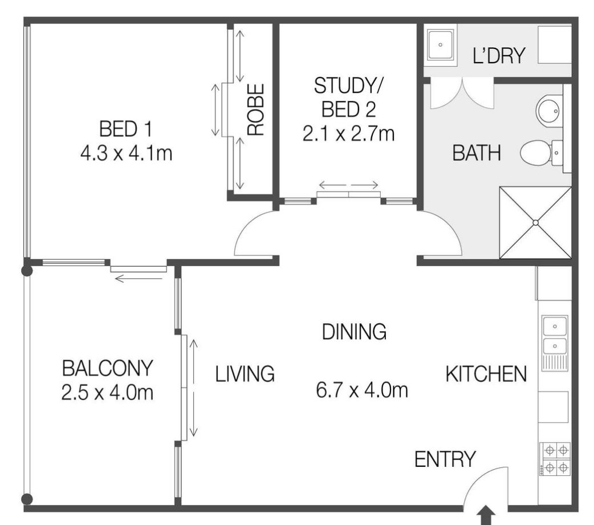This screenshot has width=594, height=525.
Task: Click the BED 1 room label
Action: pyautogui.click(x=125, y=129)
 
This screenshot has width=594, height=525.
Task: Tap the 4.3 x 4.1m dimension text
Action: pyautogui.click(x=126, y=153)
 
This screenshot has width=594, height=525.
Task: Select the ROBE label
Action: pyautogui.click(x=255, y=109)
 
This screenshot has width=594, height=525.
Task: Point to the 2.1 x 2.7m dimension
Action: pyautogui.click(x=348, y=134)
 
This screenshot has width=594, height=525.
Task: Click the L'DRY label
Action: pyautogui.click(x=499, y=55)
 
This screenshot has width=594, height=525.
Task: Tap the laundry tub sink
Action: pyautogui.click(x=440, y=45)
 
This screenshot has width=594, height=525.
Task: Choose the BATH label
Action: pyautogui.click(x=477, y=153)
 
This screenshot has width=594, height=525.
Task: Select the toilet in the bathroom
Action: pyautogui.click(x=541, y=153)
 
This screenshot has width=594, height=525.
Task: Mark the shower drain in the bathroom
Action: pyautogui.click(x=536, y=223)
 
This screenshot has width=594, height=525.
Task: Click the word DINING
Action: pyautogui.click(x=354, y=331)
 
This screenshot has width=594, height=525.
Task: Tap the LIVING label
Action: pyautogui.click(x=245, y=374)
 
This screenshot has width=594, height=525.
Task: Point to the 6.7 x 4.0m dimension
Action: pyautogui.click(x=362, y=390)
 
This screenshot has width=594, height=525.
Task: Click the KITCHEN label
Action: pyautogui.click(x=486, y=374)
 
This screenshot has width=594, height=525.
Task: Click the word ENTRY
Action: pyautogui.click(x=445, y=459)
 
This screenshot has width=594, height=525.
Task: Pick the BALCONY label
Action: pyautogui.click(x=107, y=368)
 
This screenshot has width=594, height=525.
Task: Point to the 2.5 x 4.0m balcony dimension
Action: pyautogui.click(x=107, y=392)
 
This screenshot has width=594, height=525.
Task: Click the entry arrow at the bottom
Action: pyautogui.click(x=486, y=516)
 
